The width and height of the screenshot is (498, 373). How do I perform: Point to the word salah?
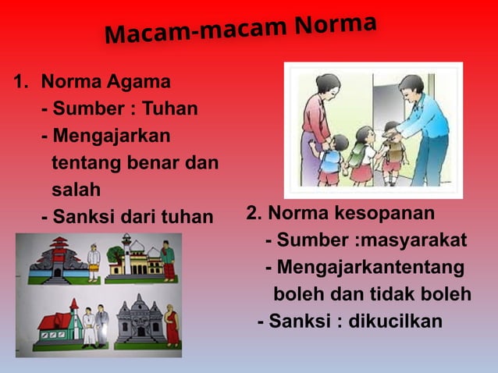76,190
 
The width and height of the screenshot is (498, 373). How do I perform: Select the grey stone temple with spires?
139,321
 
